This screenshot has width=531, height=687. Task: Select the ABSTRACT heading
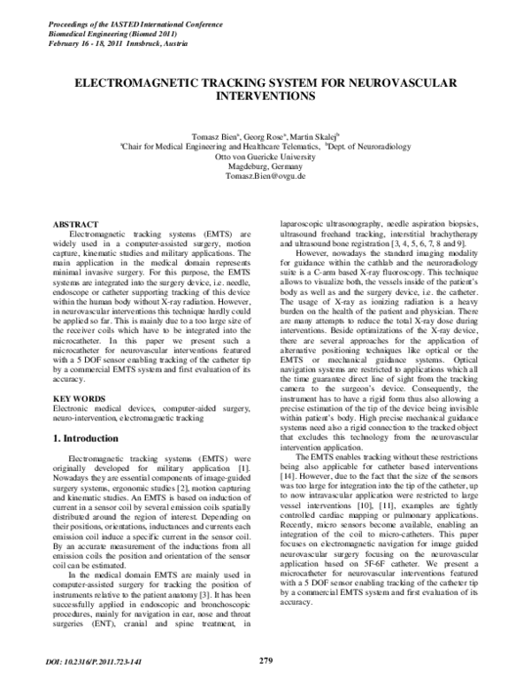click(x=77, y=226)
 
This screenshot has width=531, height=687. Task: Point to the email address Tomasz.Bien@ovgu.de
click(x=265, y=177)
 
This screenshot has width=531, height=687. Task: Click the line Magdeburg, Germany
click(x=265, y=166)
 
